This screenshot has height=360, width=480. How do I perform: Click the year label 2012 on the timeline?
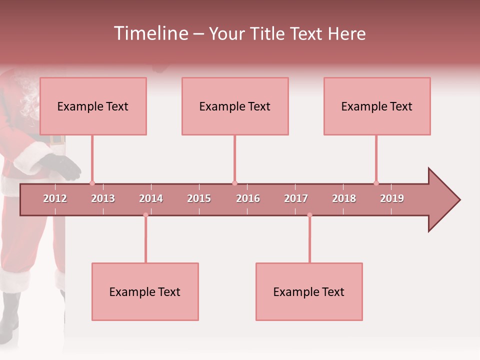click(x=55, y=198)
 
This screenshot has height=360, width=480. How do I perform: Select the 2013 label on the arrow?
click(x=103, y=198)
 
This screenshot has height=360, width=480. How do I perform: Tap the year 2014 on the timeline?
click(x=151, y=198)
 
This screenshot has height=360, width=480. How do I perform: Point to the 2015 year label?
click(x=199, y=198)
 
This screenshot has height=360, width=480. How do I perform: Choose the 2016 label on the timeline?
click(x=248, y=198)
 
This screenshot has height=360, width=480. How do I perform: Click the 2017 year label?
click(x=296, y=198)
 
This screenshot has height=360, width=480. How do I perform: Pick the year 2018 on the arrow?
click(x=344, y=198)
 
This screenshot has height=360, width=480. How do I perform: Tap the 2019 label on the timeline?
click(x=392, y=198)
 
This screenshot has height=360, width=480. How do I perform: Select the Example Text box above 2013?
click(x=93, y=106)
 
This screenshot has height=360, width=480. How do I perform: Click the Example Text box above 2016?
click(x=235, y=106)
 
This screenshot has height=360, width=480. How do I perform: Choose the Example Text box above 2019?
click(x=377, y=106)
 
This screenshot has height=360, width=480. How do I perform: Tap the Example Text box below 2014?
click(x=145, y=291)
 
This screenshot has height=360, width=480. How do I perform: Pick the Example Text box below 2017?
click(x=309, y=291)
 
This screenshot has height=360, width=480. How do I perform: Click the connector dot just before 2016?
click(x=234, y=183)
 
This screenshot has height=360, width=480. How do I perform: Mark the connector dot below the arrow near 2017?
click(x=309, y=215)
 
